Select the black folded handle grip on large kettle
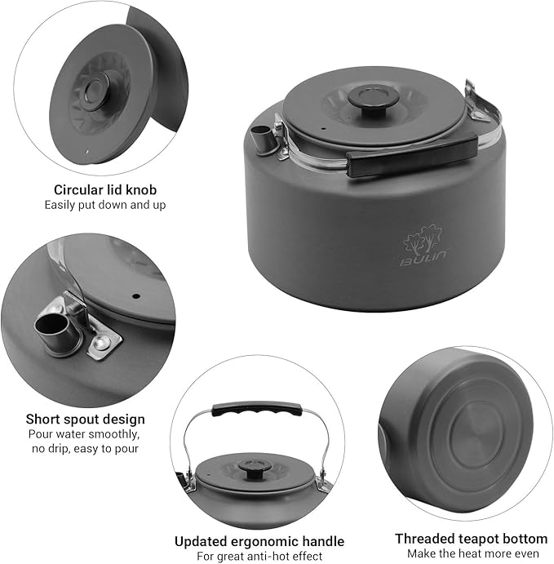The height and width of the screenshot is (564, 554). [411, 157]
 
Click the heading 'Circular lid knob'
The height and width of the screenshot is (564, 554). [104, 189]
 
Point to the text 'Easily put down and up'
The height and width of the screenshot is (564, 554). [104, 205]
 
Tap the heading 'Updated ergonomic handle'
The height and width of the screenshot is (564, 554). [259, 541]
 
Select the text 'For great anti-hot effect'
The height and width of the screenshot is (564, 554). [259, 557]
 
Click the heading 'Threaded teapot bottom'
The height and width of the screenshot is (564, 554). [471, 539]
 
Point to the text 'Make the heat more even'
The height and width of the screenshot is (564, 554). [471, 554]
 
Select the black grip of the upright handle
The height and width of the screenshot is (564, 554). [251, 408]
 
